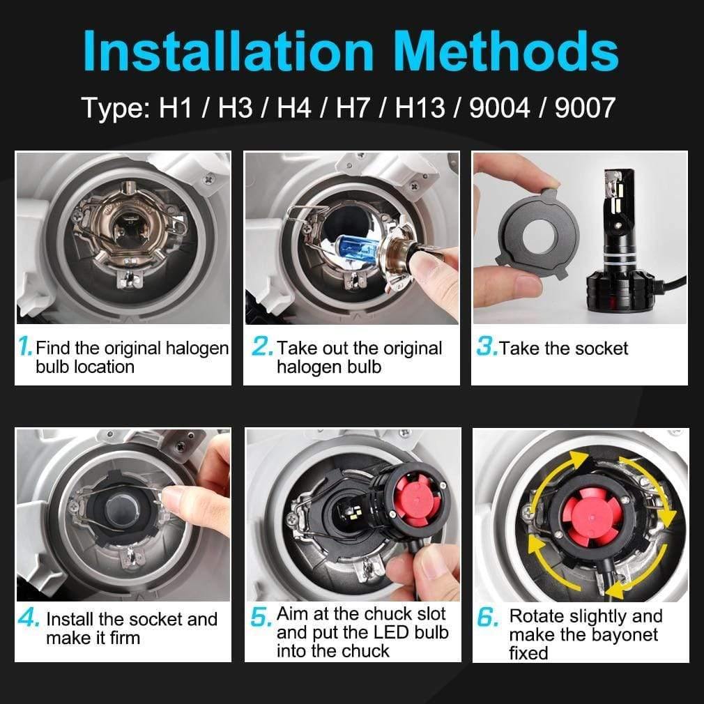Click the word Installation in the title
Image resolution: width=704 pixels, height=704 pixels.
coord(229,50)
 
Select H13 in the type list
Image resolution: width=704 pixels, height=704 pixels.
coord(420,108)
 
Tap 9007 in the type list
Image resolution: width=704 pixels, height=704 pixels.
coord(585,108)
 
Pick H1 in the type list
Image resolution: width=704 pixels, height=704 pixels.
coord(176,108)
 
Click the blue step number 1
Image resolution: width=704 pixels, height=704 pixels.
coord(25,346)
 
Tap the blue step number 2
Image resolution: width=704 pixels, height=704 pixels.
coord(262,346)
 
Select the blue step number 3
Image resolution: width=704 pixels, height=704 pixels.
coord(487,346)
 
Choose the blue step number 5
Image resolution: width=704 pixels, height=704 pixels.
coord(261,617)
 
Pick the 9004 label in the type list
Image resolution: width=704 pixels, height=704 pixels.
coord(500,108)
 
